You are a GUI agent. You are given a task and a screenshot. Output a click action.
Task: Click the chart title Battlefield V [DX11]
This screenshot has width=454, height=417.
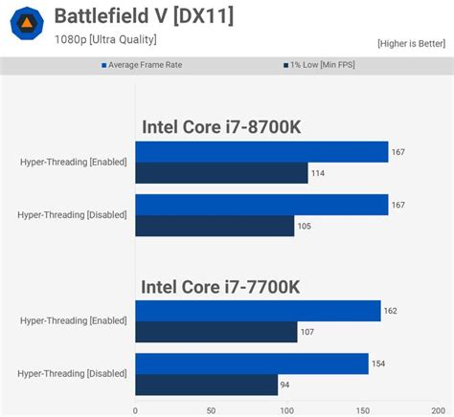click(x=143, y=16)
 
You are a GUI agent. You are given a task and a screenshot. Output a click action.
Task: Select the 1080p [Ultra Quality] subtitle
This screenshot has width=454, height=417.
click(x=104, y=39)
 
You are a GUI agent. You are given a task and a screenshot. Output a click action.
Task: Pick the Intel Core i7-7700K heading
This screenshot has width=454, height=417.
click(x=221, y=286)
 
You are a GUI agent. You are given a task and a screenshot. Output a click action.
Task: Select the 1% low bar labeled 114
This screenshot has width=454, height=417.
click(x=221, y=173)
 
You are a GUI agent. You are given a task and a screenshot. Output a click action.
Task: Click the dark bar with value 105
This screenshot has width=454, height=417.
click(x=215, y=226)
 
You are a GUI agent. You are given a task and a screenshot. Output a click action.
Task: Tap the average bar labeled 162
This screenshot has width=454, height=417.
click(x=258, y=310)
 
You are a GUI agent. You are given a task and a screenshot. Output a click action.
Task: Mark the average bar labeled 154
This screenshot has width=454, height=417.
click(x=252, y=363)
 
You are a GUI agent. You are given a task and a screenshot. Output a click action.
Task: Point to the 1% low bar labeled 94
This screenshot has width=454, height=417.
click(x=206, y=384)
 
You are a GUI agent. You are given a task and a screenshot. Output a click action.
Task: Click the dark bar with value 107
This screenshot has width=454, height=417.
click(x=216, y=332)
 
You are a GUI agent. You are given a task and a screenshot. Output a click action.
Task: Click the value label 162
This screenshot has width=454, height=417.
click(x=390, y=311)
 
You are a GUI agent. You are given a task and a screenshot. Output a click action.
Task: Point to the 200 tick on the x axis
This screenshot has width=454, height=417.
click(x=437, y=409)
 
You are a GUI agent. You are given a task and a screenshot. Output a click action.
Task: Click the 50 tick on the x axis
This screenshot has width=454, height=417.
click(x=211, y=409)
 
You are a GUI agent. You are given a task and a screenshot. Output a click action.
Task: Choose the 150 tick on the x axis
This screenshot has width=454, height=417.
click(x=362, y=409)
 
